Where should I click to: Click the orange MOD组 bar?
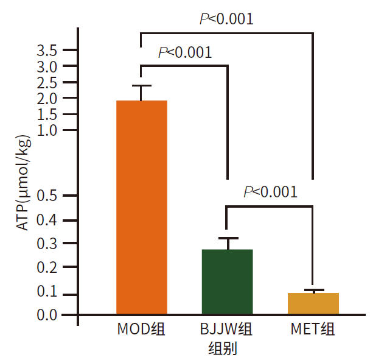tap(142, 207)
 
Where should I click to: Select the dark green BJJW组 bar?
tap(227, 281)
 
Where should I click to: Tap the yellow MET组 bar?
tap(313, 303)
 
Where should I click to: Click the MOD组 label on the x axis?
tap(142, 331)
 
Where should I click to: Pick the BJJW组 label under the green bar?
tap(227, 331)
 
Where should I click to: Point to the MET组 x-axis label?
tap(312, 331)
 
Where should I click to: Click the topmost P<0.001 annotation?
tap(226, 19)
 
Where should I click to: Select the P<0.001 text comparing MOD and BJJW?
tap(185, 52)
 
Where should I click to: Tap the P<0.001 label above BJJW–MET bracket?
tap(270, 192)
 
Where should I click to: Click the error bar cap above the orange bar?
tap(142, 86)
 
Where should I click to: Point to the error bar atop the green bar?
tap(227, 239)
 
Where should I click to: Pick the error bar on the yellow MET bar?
tap(313, 291)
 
